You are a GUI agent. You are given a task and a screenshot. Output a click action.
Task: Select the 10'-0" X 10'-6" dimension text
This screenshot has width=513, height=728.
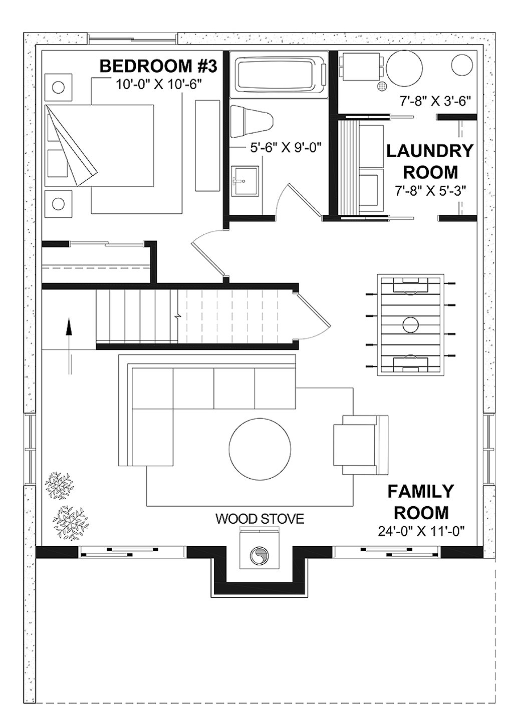158,84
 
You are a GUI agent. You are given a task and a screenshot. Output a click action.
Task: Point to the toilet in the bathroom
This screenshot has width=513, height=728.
252,122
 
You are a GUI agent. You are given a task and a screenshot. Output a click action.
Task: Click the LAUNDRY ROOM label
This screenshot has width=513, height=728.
430,161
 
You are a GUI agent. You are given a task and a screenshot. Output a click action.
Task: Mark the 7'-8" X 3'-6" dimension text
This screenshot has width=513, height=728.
434,101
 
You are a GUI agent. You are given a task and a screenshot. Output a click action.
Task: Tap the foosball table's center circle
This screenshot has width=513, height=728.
412,324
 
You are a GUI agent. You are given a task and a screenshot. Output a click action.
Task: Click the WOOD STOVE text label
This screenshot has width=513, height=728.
260,519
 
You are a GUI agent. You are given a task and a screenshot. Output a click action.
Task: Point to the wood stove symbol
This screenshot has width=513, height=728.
259,555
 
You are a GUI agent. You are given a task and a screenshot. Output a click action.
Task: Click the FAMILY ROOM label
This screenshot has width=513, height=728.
421,502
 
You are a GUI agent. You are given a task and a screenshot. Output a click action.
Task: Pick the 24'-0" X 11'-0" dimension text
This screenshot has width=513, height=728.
422,531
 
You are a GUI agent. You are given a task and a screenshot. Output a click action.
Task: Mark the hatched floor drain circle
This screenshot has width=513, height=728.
383,86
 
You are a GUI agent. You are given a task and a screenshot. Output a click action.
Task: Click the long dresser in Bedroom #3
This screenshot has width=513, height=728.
207,145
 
